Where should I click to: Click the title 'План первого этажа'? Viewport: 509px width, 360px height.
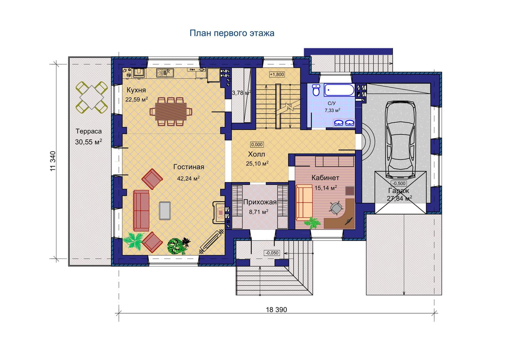[x=232, y=33]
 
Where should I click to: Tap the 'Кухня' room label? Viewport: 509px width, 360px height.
[x=136, y=90]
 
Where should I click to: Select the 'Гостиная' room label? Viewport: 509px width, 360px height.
[x=189, y=167]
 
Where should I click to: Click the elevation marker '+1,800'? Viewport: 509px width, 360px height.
[x=277, y=74]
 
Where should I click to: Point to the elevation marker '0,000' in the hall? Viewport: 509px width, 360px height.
[x=257, y=145]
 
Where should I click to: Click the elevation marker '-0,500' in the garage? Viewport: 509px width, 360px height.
[x=399, y=183]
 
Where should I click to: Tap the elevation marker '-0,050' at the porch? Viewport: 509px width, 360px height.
[x=272, y=253]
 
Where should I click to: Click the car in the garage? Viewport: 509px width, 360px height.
[x=401, y=139]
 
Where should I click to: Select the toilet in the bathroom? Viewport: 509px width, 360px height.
[x=316, y=90]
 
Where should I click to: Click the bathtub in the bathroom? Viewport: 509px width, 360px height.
[x=339, y=90]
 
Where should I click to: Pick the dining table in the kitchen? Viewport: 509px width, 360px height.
[x=171, y=112]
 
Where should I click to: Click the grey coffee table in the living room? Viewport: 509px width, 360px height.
[x=165, y=211]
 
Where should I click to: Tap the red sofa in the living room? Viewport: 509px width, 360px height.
[x=141, y=211]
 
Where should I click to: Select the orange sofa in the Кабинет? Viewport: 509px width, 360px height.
[x=304, y=203]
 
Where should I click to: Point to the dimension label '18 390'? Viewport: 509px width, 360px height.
[x=276, y=309]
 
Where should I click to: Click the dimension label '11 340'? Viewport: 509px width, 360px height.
[x=53, y=161]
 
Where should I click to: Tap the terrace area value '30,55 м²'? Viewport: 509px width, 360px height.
[x=88, y=142]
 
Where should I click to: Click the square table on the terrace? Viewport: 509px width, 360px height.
[x=92, y=97]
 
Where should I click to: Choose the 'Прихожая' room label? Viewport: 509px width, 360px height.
[x=260, y=202]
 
